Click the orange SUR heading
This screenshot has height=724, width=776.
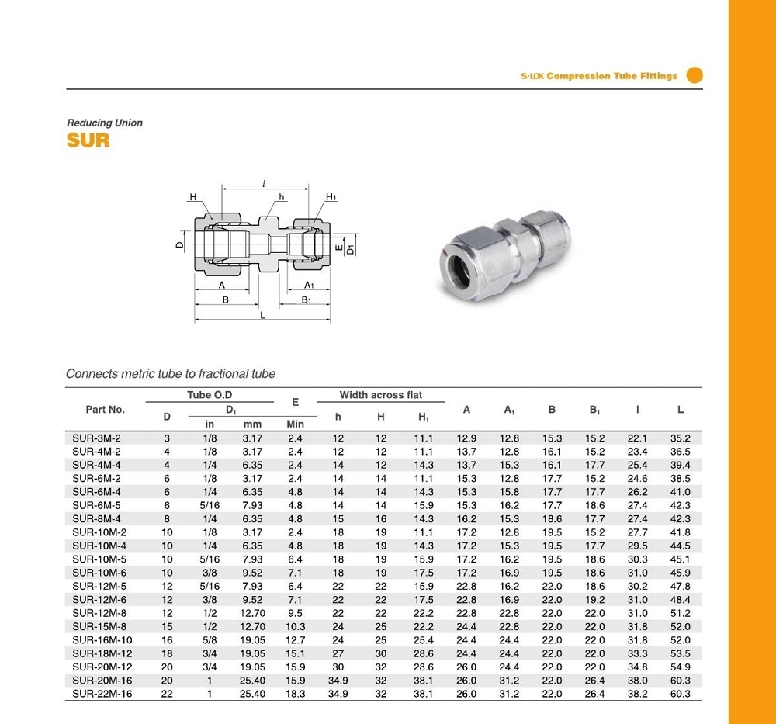(x=88, y=140)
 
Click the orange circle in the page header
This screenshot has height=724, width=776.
(x=695, y=75)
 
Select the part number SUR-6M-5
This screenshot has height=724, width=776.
(x=96, y=505)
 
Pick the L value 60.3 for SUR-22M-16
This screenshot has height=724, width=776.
(x=680, y=693)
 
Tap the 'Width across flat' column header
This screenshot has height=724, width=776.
(x=380, y=395)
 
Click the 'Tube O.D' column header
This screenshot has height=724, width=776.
(x=210, y=395)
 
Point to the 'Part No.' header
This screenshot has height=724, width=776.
(x=105, y=409)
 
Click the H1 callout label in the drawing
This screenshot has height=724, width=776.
(x=331, y=197)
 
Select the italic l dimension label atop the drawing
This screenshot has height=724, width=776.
(x=264, y=185)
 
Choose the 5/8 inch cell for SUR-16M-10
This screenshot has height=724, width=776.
(x=210, y=640)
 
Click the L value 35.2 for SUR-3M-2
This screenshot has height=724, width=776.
(x=680, y=438)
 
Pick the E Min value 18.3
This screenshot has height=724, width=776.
(x=296, y=693)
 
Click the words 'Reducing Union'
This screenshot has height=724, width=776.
(x=105, y=123)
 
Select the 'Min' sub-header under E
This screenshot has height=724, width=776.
(x=296, y=424)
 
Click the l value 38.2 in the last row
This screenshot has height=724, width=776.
(x=637, y=693)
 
